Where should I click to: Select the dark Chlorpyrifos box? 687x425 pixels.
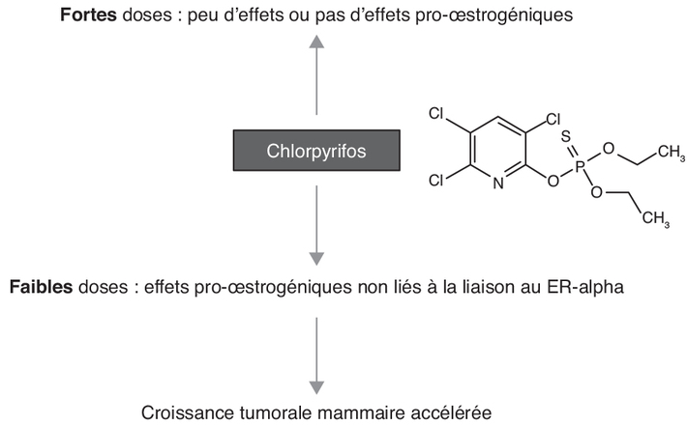(316, 151)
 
